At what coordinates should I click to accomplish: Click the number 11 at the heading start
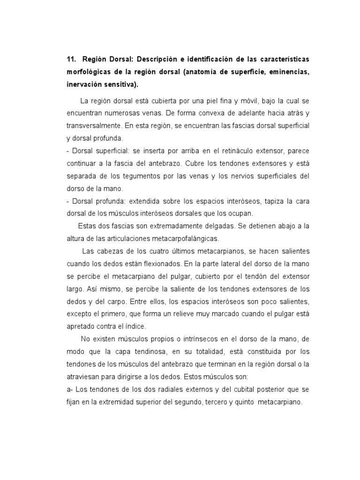pos(71,60)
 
